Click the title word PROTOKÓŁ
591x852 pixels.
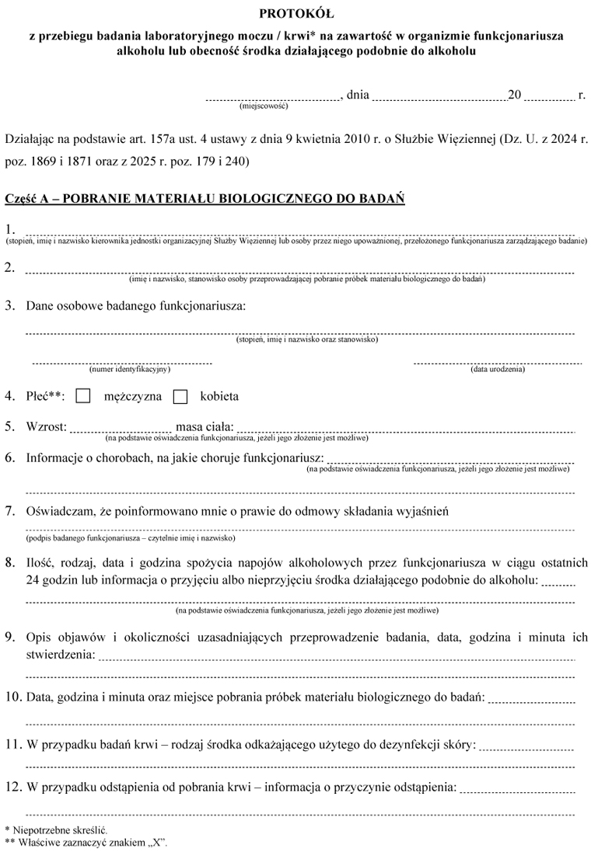pos(295,13)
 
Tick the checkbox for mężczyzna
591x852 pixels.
pos(84,396)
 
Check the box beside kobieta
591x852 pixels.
pos(180,396)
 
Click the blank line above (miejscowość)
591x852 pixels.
pos(272,99)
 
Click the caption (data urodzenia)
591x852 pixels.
pos(498,369)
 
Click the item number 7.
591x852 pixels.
pos(10,511)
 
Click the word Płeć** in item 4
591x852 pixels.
pos(46,396)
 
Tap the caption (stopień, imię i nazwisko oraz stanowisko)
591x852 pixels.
pos(306,339)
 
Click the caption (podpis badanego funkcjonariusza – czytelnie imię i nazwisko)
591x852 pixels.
pos(130,537)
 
